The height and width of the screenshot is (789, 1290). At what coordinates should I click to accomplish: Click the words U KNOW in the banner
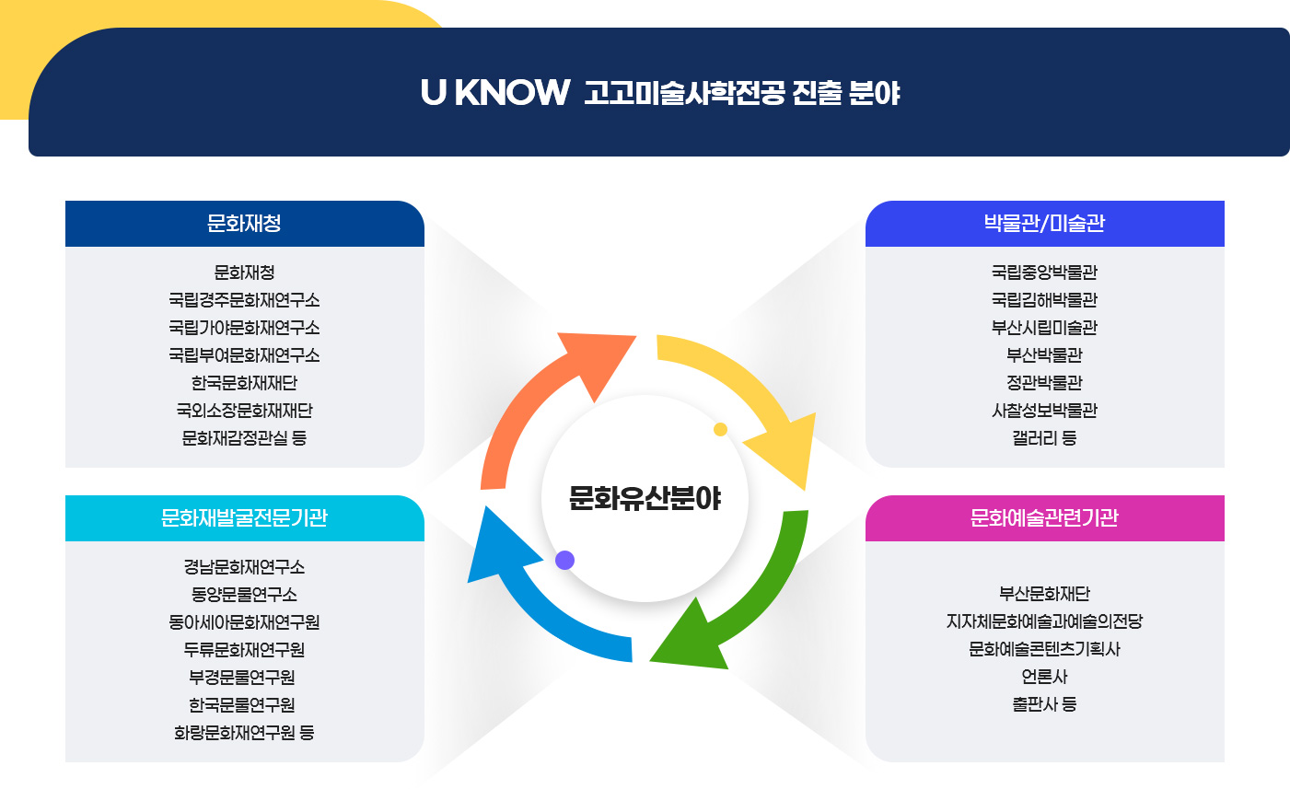click(x=494, y=93)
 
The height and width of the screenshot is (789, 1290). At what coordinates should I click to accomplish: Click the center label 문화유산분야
click(x=645, y=498)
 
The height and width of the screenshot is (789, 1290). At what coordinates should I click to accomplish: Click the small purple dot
click(x=565, y=560)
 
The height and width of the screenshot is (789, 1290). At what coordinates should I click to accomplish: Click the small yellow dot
click(x=720, y=429)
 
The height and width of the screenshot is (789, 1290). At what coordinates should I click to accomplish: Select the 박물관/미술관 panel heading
click(x=1044, y=224)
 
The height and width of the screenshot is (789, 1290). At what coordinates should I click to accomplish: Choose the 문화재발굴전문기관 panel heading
click(x=244, y=518)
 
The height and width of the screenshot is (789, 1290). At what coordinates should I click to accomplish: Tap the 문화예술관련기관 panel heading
click(x=1044, y=518)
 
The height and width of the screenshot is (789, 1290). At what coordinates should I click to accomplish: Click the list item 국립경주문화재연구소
click(x=244, y=300)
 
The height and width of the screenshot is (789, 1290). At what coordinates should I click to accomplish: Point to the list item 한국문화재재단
click(x=244, y=383)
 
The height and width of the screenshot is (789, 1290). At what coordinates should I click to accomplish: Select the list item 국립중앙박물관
click(x=1044, y=273)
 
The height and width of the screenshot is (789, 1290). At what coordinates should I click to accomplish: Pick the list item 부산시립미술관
click(x=1044, y=328)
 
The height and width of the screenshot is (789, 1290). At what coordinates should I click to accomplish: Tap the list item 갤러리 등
click(x=1044, y=438)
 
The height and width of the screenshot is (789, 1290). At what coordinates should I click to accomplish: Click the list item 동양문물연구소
click(x=244, y=595)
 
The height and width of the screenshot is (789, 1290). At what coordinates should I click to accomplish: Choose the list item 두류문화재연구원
click(x=244, y=650)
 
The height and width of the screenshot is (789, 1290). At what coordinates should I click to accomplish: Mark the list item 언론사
click(x=1044, y=677)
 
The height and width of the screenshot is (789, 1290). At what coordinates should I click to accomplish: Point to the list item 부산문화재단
click(x=1044, y=594)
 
